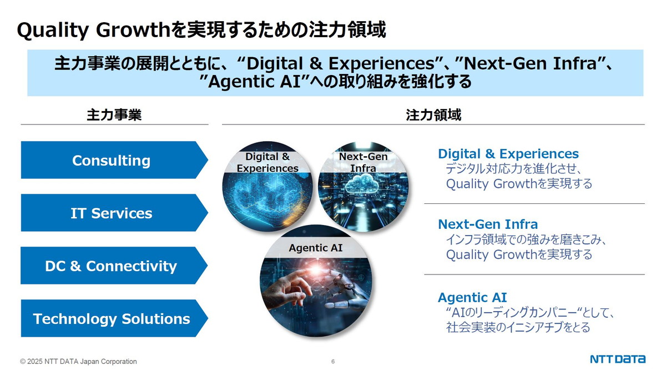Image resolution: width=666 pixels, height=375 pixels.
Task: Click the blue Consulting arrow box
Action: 112,160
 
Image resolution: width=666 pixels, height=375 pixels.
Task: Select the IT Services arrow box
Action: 112,213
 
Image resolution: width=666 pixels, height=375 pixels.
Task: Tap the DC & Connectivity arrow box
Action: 112,266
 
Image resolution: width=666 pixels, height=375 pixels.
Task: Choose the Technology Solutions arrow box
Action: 112,318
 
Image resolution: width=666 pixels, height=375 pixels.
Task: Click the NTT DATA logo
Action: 617,359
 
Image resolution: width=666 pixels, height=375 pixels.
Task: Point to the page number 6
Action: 333,362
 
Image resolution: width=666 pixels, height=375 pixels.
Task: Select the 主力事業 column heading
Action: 114,115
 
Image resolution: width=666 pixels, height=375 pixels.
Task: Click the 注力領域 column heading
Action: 433,115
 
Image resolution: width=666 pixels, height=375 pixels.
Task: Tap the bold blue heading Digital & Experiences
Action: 508,154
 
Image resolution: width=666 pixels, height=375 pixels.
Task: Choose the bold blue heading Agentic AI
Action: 472,297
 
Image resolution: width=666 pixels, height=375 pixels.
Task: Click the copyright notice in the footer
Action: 78,362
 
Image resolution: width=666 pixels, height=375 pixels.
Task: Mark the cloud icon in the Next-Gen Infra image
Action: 364,182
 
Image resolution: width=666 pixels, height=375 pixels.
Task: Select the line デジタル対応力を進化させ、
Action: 513,168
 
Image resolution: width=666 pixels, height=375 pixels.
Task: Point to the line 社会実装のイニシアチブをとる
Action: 518,327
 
